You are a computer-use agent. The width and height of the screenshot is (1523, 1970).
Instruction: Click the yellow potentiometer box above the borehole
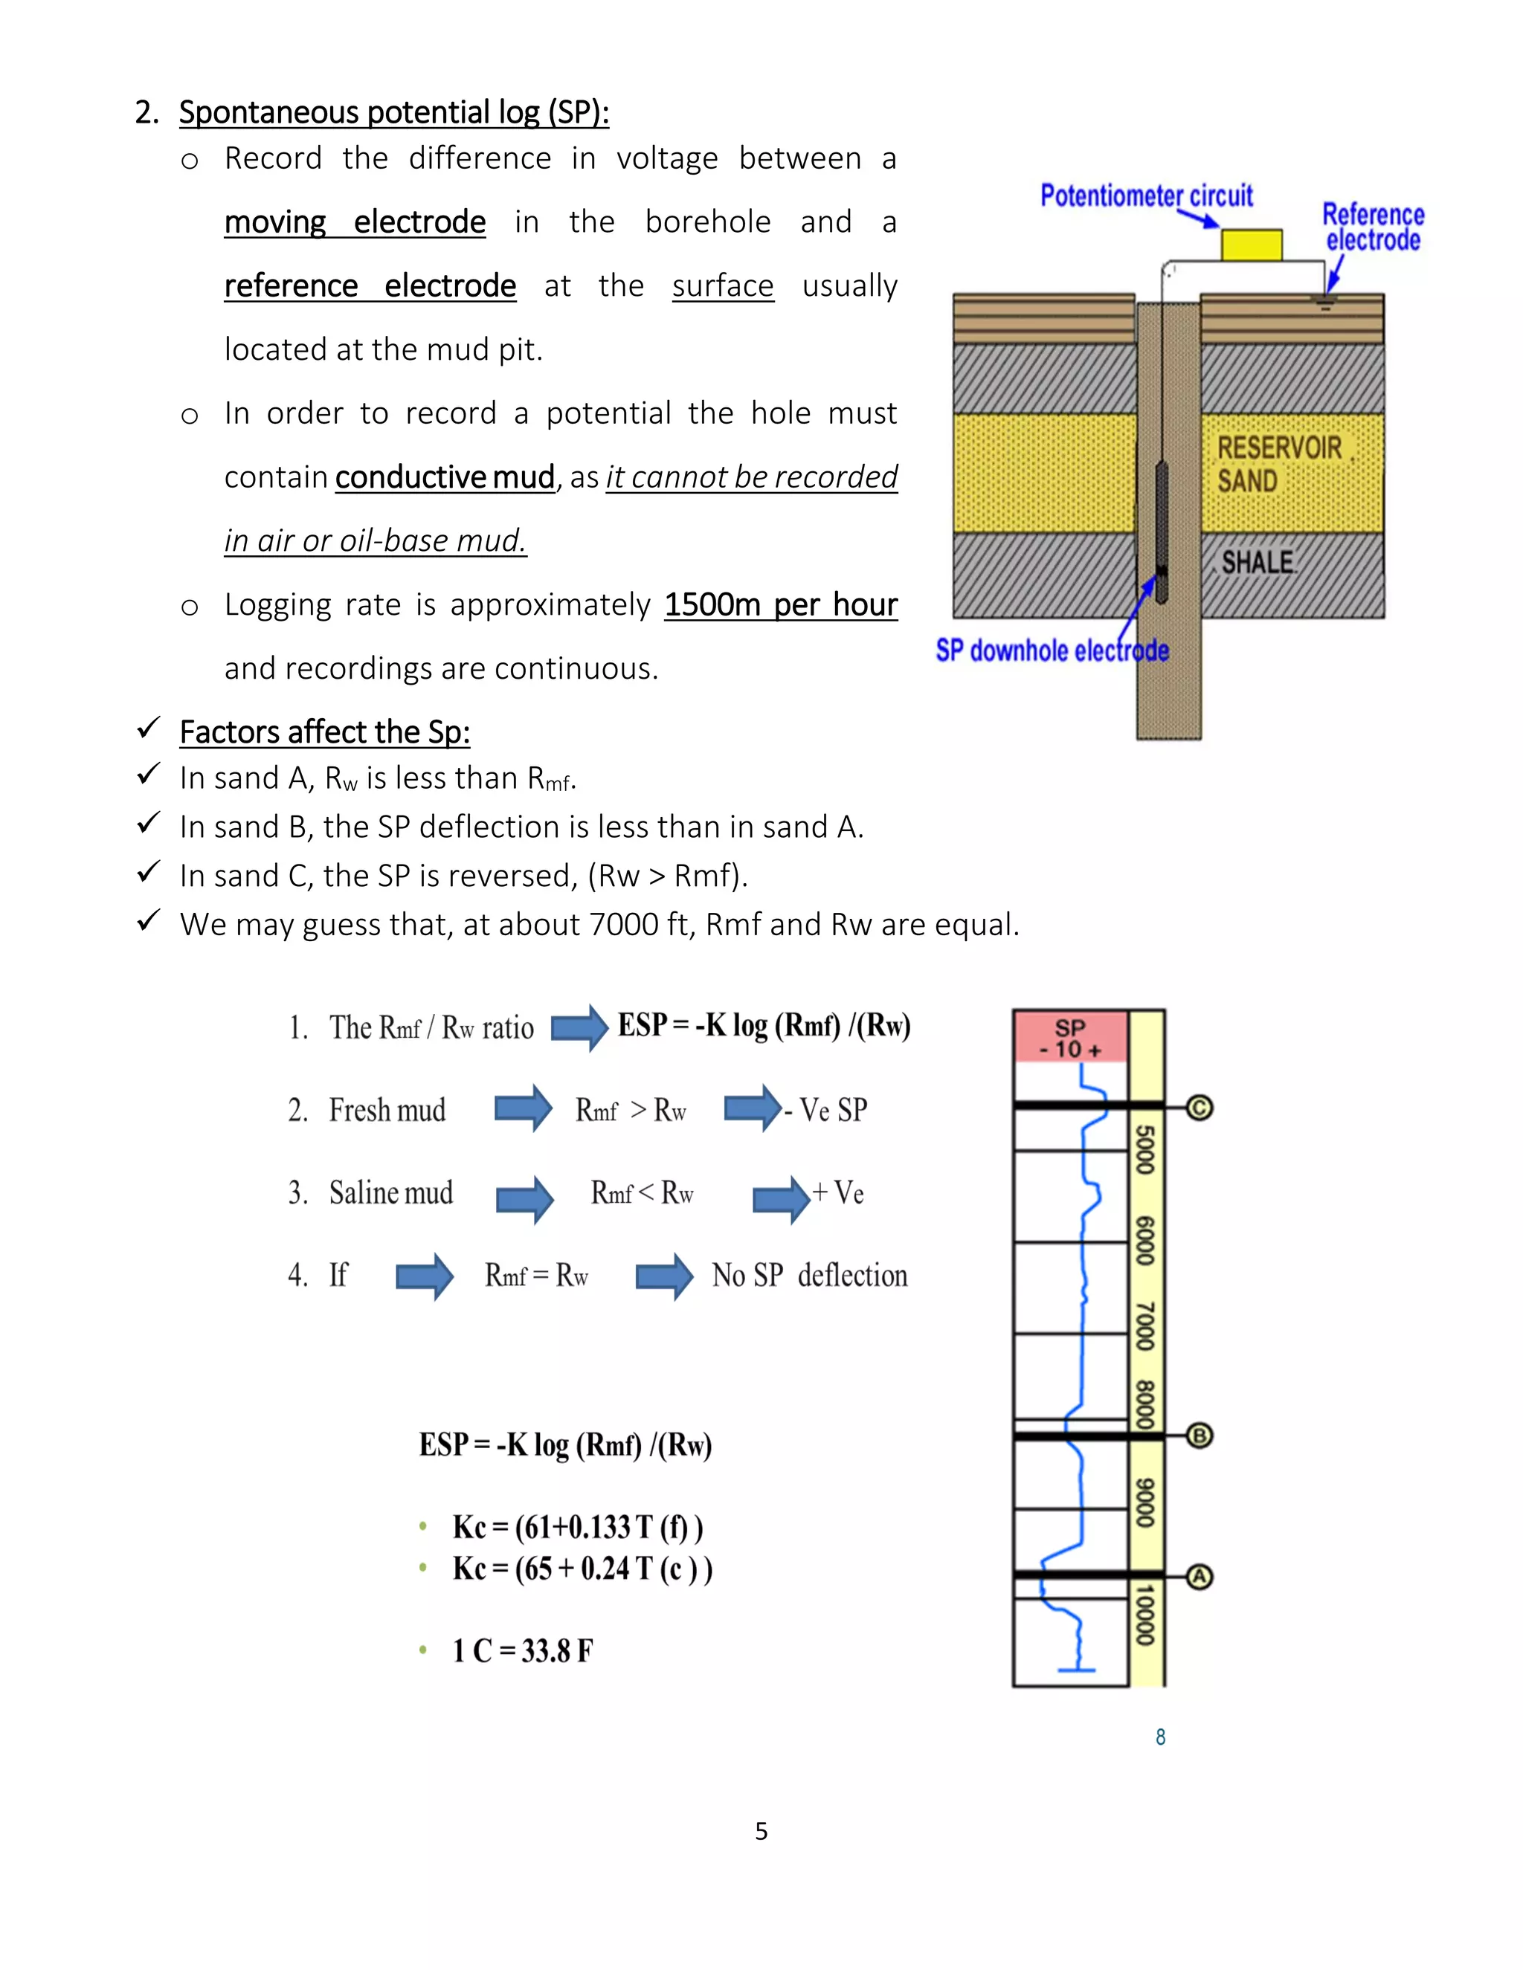click(x=1252, y=245)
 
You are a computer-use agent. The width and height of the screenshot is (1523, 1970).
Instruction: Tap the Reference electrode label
click(x=1372, y=227)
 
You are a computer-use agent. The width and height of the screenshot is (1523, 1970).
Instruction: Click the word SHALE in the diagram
click(x=1258, y=563)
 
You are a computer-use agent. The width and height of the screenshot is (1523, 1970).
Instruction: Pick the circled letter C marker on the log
click(x=1199, y=1107)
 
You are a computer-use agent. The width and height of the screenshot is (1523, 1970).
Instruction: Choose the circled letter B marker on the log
click(x=1199, y=1435)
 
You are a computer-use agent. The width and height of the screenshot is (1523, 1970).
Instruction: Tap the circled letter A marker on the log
click(x=1199, y=1577)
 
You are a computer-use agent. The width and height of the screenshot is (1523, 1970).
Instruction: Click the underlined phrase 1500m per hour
click(x=780, y=604)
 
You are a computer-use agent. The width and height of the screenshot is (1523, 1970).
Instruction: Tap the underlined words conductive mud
click(x=445, y=477)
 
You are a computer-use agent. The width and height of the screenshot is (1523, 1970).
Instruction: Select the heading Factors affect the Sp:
click(x=325, y=732)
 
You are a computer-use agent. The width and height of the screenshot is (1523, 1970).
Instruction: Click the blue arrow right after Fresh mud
click(x=524, y=1108)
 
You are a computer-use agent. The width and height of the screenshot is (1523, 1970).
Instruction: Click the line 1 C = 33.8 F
click(x=522, y=1650)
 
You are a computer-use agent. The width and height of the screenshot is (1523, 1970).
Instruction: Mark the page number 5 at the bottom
click(x=761, y=1831)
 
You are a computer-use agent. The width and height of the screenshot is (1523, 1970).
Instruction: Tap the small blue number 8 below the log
click(x=1160, y=1737)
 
